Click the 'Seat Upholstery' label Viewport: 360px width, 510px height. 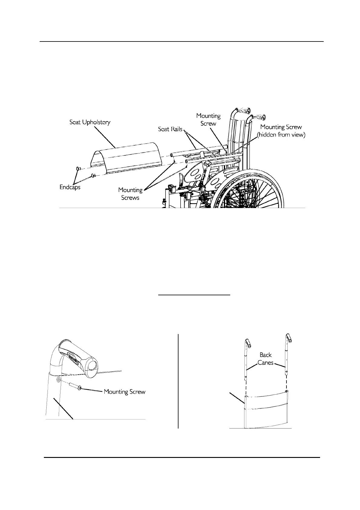tap(90, 122)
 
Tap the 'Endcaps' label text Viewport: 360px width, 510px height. tap(70, 187)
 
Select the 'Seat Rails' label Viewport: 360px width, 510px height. tap(170, 129)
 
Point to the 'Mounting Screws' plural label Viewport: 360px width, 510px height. tap(130, 194)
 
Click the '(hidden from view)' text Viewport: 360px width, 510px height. tap(281, 135)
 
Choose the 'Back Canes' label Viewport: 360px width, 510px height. tap(265, 359)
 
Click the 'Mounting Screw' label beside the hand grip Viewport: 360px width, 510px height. tap(125, 392)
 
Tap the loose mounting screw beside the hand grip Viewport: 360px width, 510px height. tap(75, 386)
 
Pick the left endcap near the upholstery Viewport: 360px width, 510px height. tap(77, 168)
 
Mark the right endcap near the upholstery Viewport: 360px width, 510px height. tap(93, 174)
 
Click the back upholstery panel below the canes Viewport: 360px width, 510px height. tap(265, 410)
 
